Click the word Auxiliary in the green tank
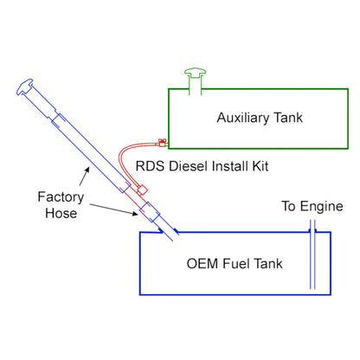click(x=243, y=115)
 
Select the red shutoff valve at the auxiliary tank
click(x=162, y=141)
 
